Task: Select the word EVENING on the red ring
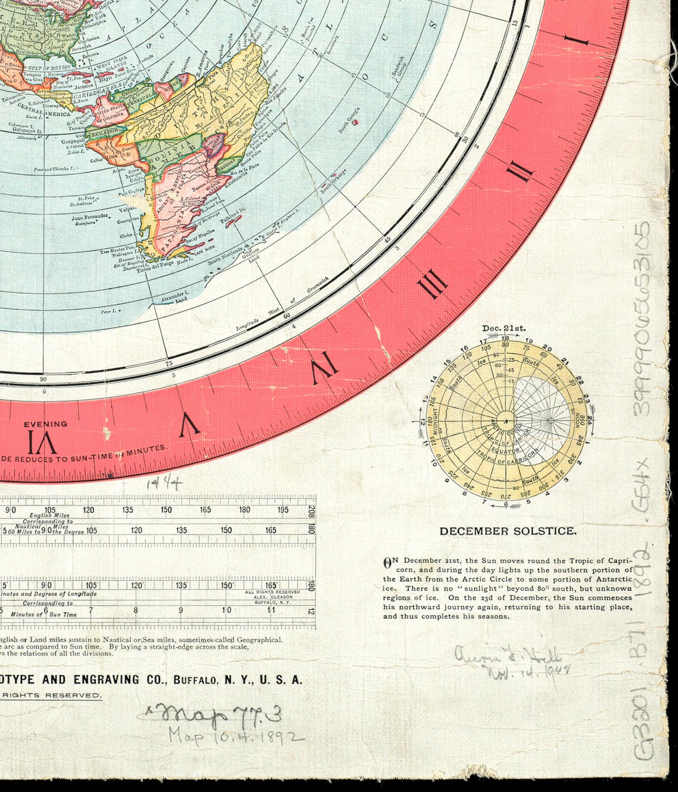point(45,424)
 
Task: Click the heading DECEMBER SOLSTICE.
point(508,531)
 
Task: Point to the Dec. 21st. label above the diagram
point(504,328)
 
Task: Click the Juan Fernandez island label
point(89,217)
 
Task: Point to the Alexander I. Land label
point(175,296)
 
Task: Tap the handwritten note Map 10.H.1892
point(236,736)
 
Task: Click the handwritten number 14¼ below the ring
point(164,483)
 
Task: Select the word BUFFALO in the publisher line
point(196,680)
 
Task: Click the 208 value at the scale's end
point(312,510)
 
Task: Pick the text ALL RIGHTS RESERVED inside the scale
point(272,592)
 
